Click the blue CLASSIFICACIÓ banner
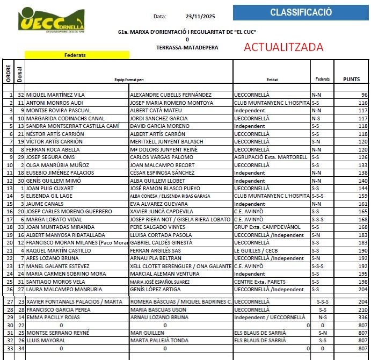[301, 12]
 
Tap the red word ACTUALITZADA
[283, 47]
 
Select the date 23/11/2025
[200, 17]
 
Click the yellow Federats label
[75, 55]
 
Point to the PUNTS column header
[352, 79]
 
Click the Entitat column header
[272, 80]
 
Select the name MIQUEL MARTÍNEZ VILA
[55, 95]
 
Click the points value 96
[363, 95]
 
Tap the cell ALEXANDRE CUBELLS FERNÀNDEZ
[170, 95]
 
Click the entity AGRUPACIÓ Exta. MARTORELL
[271, 157]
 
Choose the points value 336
[362, 318]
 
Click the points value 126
[362, 157]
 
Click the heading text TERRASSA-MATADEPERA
[187, 47]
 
